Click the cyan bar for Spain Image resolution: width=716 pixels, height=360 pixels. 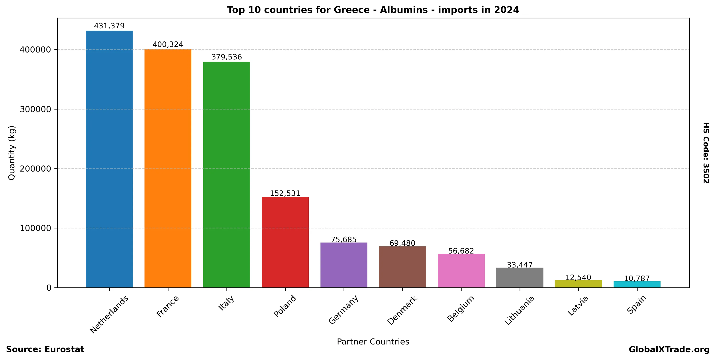coord(637,284)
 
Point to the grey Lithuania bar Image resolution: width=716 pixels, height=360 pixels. coord(520,278)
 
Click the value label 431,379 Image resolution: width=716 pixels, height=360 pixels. coord(109,26)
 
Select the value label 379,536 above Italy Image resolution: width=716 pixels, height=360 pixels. coord(227,57)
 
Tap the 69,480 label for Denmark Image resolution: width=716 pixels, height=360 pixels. coord(402,243)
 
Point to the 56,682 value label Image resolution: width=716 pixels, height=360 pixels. coord(461,251)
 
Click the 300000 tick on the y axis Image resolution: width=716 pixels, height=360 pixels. coord(35,109)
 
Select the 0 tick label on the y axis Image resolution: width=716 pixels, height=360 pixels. coord(49,288)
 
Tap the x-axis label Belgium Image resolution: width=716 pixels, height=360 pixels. coord(461,309)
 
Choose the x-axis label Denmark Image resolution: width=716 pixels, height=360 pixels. coord(402,310)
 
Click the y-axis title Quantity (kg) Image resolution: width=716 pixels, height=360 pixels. coord(12,153)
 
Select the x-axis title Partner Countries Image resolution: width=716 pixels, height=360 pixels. coord(373,342)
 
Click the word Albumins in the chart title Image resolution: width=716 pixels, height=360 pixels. coord(404,10)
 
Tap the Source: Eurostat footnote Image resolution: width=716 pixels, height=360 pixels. coord(45,349)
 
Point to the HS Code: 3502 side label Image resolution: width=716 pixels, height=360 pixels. coord(706,153)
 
